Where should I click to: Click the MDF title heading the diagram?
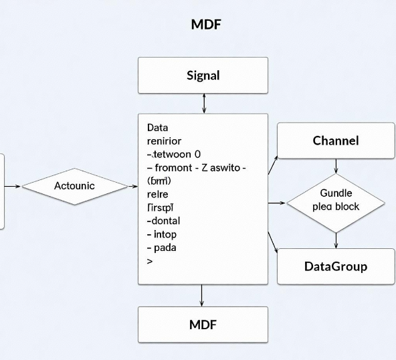click(206, 25)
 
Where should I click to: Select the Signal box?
click(203, 75)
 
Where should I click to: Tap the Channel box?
click(336, 141)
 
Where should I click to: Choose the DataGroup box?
click(336, 266)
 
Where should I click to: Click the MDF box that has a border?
click(203, 325)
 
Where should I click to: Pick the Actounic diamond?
click(74, 185)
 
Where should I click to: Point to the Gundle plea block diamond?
click(336, 200)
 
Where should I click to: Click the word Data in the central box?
click(157, 127)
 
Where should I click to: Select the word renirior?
click(163, 141)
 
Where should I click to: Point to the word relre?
click(157, 194)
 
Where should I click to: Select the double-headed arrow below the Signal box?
click(203, 104)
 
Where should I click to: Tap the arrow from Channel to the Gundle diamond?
click(336, 167)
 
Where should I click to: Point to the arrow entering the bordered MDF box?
click(202, 295)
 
